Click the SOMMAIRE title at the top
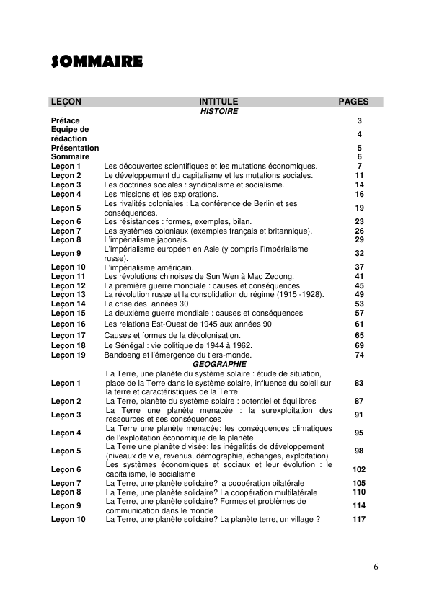tap(97, 61)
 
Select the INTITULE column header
tap(218, 102)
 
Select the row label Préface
tap(66, 120)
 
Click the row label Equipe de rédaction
tap(69, 134)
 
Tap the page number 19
tap(359, 208)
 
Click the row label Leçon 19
tap(68, 355)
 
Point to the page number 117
tap(359, 519)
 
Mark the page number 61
tap(359, 324)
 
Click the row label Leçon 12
tap(68, 285)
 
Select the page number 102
tap(359, 469)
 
